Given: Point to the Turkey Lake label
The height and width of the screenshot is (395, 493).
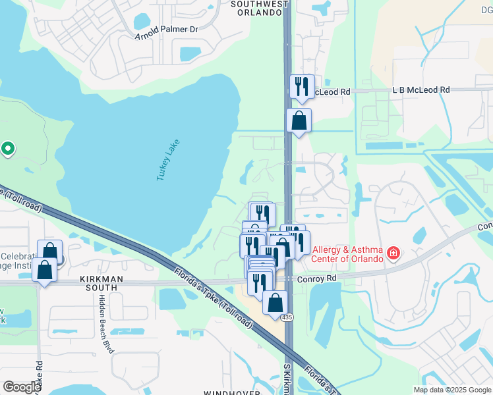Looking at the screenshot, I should (x=168, y=161).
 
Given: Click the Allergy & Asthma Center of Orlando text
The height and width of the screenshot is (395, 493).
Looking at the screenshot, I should (x=348, y=253).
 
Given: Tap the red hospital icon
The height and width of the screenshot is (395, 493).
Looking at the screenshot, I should (x=393, y=253).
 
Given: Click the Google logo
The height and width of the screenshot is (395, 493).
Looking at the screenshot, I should (x=22, y=387).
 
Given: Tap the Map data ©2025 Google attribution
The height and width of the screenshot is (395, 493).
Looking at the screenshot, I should (x=452, y=390).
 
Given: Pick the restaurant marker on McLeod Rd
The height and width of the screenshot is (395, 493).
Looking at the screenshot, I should (x=302, y=86).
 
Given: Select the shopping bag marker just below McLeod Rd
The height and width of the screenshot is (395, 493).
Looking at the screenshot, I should (x=299, y=120).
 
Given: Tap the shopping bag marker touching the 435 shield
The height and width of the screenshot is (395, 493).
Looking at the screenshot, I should (x=275, y=303).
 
